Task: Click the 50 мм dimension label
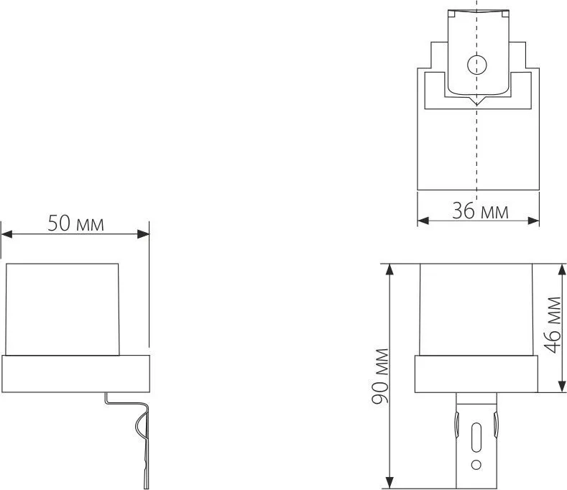pyautogui.click(x=75, y=223)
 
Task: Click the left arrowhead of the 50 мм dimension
pyautogui.click(x=6, y=234)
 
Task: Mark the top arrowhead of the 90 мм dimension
pyautogui.click(x=390, y=269)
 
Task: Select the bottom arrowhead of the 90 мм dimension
pyautogui.click(x=390, y=481)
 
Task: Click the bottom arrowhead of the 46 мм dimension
pyautogui.click(x=561, y=388)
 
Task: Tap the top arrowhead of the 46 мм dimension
pyautogui.click(x=561, y=269)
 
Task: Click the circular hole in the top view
pyautogui.click(x=476, y=65)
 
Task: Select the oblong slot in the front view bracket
pyautogui.click(x=476, y=436)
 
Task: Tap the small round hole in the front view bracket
pyautogui.click(x=476, y=465)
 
